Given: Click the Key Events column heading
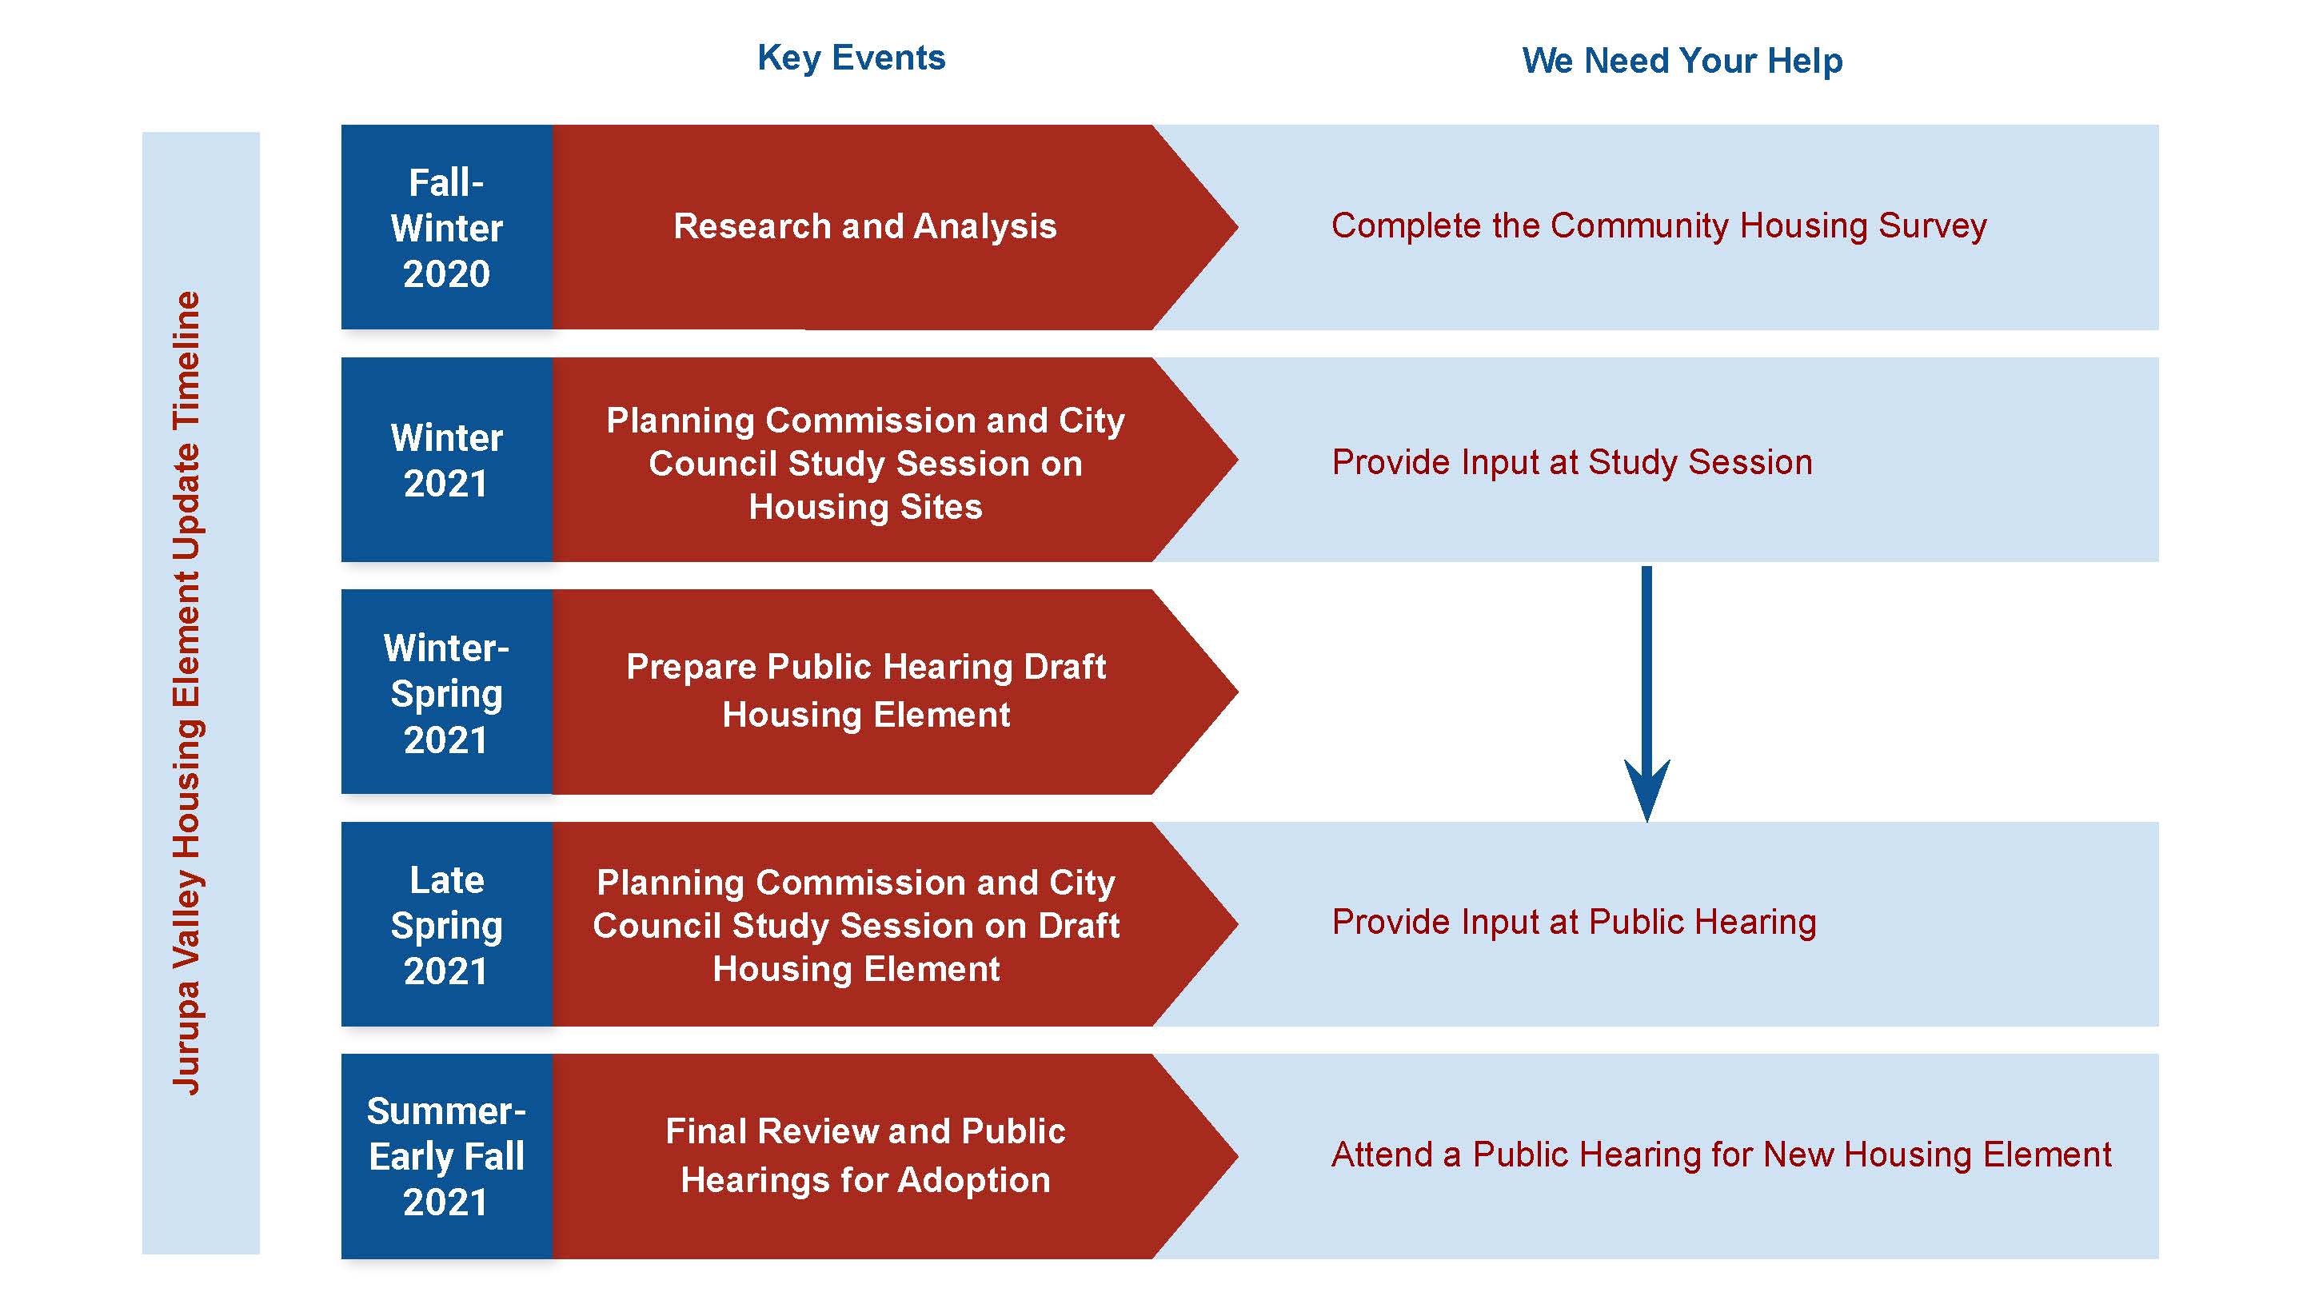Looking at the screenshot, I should point(851,58).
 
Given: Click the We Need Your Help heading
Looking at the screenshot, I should point(1682,61).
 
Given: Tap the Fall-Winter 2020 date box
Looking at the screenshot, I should point(446,228).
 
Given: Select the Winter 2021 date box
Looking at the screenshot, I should point(446,461).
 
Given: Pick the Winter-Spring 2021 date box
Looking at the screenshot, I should point(446,692).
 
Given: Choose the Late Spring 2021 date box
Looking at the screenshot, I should point(446,925).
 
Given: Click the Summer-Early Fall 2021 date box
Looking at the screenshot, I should point(446,1156).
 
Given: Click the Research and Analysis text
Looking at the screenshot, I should point(865,226).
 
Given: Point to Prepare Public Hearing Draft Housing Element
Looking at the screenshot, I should point(865,691).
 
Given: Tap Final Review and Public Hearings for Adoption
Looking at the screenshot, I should point(865,1155).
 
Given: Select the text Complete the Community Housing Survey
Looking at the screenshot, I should point(1658,226).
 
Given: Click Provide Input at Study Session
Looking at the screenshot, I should point(1572,463).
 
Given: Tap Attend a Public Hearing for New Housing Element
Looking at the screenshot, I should point(1721,1154).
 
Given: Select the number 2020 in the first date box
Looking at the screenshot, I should point(446,273).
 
